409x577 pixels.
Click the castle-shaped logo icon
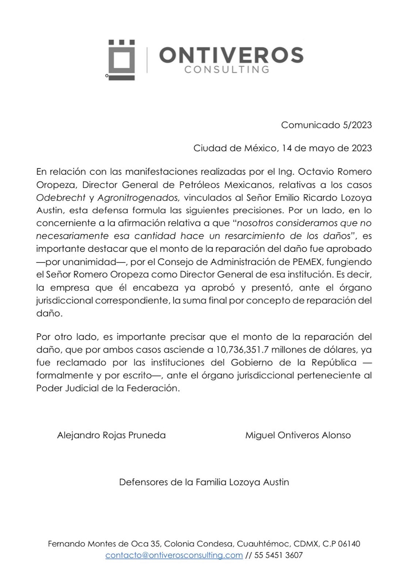(x=122, y=60)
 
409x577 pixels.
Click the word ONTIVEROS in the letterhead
(x=231, y=55)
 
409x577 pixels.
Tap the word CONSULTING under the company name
(x=227, y=69)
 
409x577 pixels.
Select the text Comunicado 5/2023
(x=326, y=125)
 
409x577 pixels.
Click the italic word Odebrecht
(x=61, y=198)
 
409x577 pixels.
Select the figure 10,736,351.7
(x=242, y=349)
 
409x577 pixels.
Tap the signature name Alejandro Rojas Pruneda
(x=111, y=435)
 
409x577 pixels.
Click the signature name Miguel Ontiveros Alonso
(x=298, y=435)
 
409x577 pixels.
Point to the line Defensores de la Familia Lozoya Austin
(x=204, y=482)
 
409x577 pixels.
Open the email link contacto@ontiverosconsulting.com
(x=174, y=555)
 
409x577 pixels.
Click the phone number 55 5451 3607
(x=279, y=555)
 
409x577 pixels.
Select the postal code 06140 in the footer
(x=349, y=544)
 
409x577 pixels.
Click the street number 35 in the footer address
(x=155, y=544)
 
